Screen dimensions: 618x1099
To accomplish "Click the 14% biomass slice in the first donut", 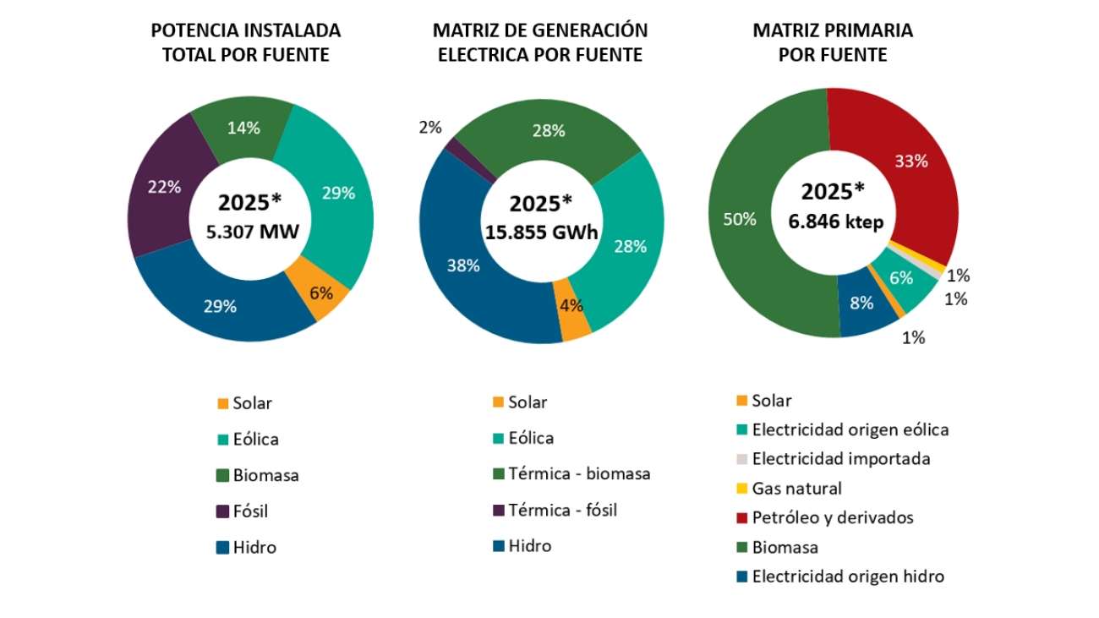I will point(243,130).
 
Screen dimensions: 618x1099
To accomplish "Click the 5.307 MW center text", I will point(252,231).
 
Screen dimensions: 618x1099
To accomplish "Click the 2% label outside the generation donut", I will point(430,128).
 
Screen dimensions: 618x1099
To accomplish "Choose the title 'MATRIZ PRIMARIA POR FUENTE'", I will point(833,42).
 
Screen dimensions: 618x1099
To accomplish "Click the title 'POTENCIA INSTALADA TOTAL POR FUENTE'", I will point(245,42).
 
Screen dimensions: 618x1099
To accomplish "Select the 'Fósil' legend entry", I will point(250,511).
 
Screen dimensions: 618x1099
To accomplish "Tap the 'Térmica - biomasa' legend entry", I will point(579,473).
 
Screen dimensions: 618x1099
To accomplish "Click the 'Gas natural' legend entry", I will point(796,488).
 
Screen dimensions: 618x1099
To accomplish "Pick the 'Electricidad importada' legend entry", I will point(840,458).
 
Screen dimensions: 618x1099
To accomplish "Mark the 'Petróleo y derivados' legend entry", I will point(832,517).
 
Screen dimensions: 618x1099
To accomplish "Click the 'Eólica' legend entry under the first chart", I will point(255,439).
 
